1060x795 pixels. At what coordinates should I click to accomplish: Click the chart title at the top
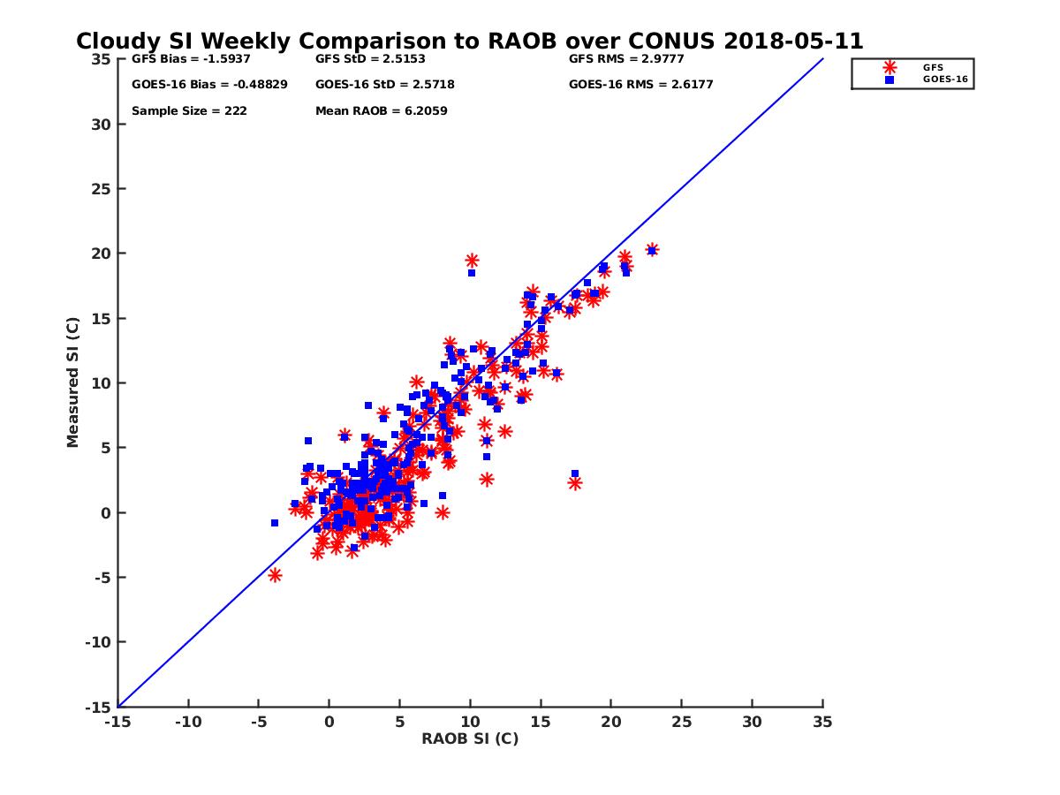click(469, 42)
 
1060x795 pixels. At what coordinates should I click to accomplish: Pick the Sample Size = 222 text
click(189, 111)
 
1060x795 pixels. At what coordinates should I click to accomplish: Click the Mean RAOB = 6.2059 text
click(381, 111)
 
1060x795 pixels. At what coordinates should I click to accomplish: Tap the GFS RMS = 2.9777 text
click(626, 59)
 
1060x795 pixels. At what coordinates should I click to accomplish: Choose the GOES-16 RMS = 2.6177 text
click(640, 85)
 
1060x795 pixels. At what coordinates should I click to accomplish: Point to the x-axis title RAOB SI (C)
click(469, 738)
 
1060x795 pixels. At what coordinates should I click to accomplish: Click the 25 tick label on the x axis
click(681, 723)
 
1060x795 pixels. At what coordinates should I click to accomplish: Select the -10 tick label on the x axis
click(187, 723)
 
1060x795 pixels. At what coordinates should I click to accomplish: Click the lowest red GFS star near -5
click(275, 575)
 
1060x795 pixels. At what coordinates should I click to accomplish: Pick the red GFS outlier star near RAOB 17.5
click(575, 483)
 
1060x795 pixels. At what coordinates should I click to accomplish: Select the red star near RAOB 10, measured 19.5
click(472, 261)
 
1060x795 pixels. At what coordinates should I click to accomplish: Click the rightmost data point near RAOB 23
click(652, 250)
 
